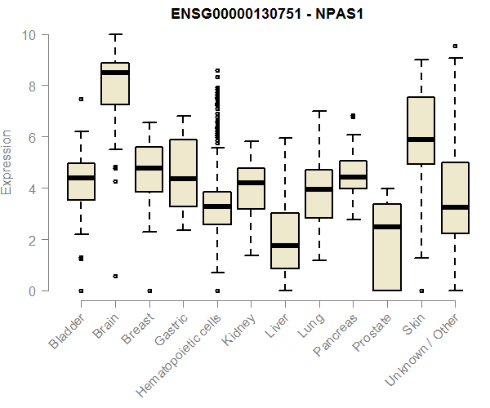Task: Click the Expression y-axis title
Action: click(8, 162)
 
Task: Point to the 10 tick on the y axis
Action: click(30, 35)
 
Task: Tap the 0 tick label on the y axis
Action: click(30, 290)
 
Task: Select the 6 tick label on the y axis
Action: click(30, 137)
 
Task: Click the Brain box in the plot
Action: click(115, 83)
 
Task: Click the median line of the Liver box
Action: click(285, 246)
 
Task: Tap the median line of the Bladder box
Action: click(82, 178)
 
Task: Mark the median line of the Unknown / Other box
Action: click(455, 207)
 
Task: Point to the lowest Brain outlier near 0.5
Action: click(115, 277)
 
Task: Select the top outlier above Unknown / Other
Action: click(455, 47)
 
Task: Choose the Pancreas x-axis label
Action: click(336, 334)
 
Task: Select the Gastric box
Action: click(183, 173)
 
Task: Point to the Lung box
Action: click(318, 193)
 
